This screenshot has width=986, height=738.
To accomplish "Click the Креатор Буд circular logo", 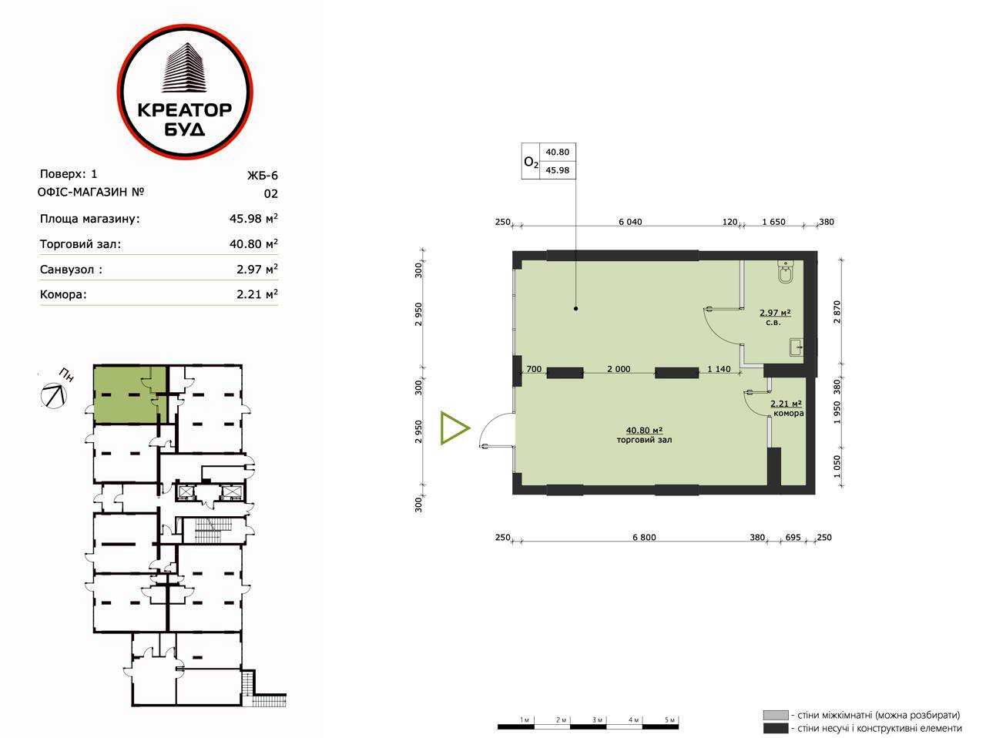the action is (x=185, y=92).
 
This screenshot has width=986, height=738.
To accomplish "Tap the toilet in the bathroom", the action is (x=786, y=272).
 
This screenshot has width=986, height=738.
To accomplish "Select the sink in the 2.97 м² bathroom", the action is (x=797, y=347).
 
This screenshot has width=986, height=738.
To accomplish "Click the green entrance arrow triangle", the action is (x=454, y=428).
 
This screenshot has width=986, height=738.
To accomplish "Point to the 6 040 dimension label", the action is (x=630, y=222).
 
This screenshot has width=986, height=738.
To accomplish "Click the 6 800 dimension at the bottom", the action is (x=644, y=537).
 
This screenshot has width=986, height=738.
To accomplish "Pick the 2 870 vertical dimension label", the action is (x=837, y=312).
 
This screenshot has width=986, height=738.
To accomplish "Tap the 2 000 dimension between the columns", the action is (x=619, y=369).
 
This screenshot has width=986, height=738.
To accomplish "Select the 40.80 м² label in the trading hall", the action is (x=645, y=431).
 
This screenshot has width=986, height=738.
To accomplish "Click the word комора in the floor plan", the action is (x=788, y=413).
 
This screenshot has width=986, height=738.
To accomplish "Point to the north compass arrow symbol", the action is (x=53, y=395).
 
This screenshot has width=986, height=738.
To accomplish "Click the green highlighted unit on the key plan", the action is (x=130, y=394).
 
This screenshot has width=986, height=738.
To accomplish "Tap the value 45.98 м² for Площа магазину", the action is (x=253, y=218).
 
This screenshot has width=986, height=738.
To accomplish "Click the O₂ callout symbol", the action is (x=531, y=162).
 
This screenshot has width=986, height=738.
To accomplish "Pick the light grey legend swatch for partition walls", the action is (x=776, y=715).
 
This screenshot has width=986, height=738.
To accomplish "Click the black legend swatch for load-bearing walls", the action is (x=776, y=728).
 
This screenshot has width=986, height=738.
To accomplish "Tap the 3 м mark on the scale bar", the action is (x=596, y=720).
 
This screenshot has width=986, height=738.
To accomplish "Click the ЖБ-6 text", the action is (x=263, y=175).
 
